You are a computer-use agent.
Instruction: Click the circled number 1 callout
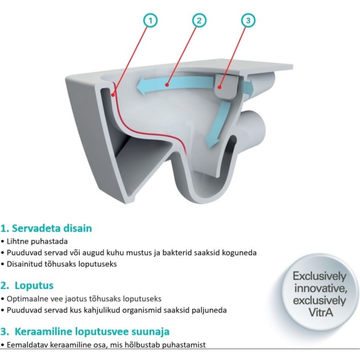click(x=150, y=21)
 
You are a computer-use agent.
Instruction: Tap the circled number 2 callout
click(x=199, y=21)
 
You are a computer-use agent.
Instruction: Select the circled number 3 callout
click(x=248, y=21)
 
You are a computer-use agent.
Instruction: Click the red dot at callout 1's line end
click(x=113, y=95)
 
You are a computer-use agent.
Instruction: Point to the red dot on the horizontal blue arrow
click(x=167, y=85)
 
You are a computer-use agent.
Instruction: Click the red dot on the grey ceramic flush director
click(x=220, y=87)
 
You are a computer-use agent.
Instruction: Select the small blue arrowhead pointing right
click(x=249, y=87)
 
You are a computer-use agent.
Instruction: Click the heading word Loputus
click(x=34, y=285)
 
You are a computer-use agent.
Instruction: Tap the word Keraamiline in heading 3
click(x=44, y=331)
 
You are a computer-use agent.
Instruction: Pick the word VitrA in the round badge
click(x=320, y=313)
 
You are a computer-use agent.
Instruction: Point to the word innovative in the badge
click(x=320, y=288)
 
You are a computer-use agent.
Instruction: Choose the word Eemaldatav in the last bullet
click(x=27, y=345)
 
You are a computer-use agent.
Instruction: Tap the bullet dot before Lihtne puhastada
click(x=3, y=242)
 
